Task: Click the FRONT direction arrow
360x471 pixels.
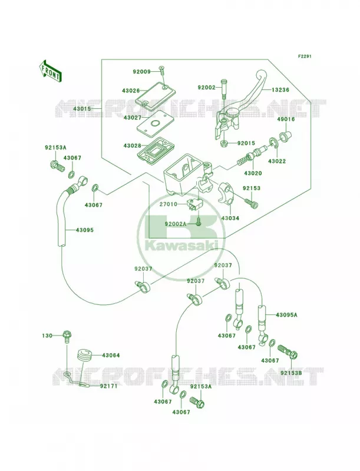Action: pos(50,71)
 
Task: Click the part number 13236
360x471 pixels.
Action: pos(280,90)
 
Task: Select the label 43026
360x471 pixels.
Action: pos(131,90)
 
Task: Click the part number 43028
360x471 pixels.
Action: pos(132,145)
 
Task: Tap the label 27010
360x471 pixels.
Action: pos(169,204)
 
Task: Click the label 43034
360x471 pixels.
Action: pos(230,218)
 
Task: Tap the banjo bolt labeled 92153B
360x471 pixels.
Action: pos(288,351)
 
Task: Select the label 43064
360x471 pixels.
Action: pos(111,356)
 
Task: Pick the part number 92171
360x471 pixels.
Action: pos(108,386)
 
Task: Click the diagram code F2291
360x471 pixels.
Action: pos(305,56)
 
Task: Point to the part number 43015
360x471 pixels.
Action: pos(82,108)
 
